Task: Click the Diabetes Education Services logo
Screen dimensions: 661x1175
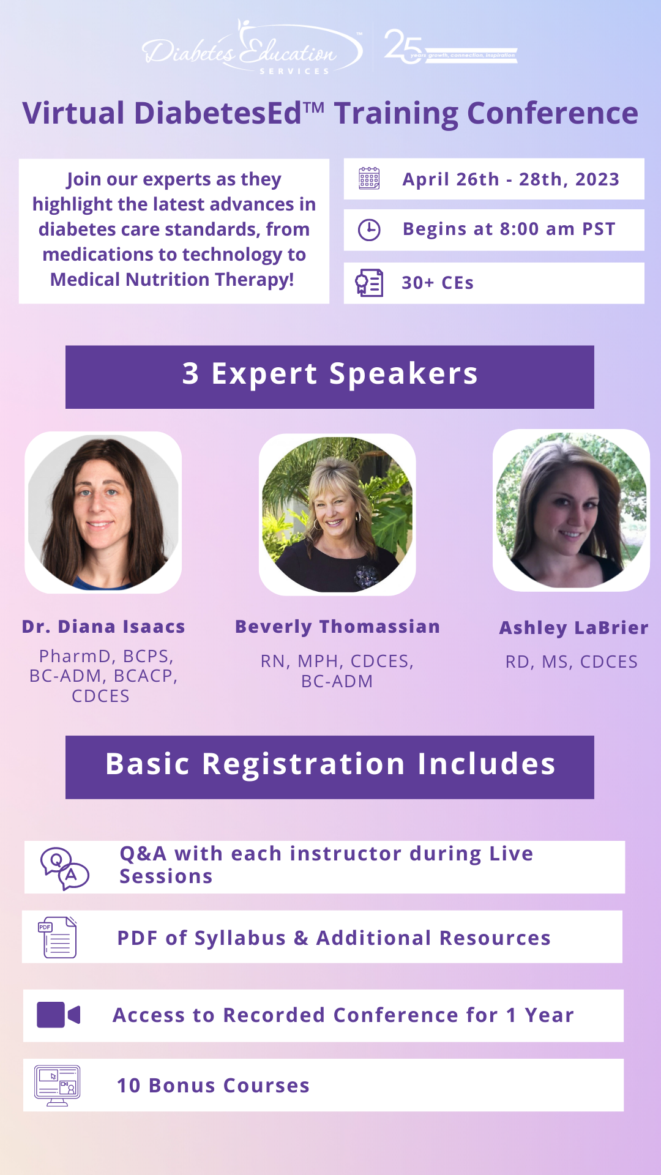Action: (x=252, y=48)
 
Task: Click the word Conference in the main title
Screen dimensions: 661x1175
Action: (x=553, y=113)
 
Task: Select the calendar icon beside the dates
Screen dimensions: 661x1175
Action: (x=369, y=178)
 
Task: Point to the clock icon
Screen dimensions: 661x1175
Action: (x=369, y=229)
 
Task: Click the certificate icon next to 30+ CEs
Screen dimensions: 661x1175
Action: (x=369, y=283)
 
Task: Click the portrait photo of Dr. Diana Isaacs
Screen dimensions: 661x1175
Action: (x=103, y=512)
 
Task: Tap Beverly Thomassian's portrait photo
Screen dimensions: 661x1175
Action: (x=337, y=514)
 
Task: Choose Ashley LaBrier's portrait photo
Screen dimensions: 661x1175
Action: (x=571, y=510)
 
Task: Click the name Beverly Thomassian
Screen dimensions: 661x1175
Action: (x=338, y=626)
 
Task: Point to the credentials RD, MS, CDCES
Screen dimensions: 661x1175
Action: (x=572, y=662)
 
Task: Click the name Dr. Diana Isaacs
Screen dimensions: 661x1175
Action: (x=103, y=626)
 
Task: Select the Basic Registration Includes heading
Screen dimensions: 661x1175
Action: (x=330, y=764)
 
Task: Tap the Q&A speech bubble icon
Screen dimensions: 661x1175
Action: (x=64, y=868)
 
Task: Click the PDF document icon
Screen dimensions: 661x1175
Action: (x=58, y=937)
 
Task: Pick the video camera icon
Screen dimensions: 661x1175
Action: (x=59, y=1015)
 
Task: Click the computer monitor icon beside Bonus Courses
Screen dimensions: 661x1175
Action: (x=58, y=1086)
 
